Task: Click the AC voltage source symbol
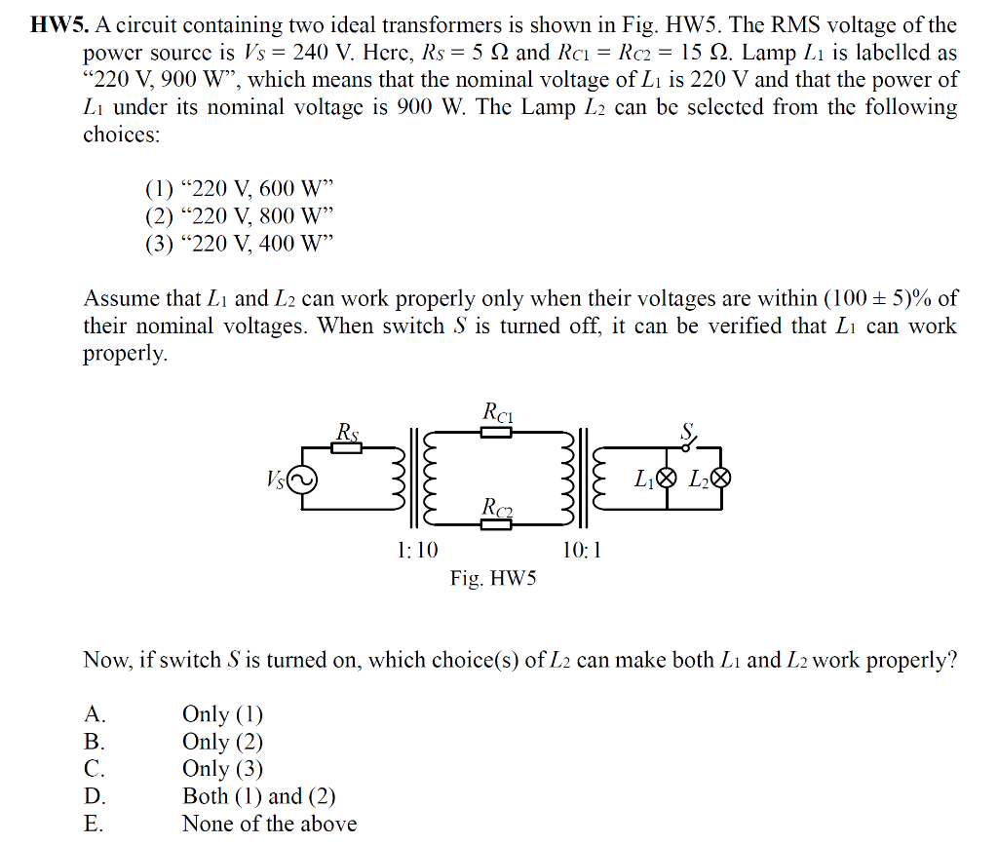tap(299, 479)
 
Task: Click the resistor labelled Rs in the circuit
tap(347, 447)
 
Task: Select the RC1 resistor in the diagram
tap(496, 432)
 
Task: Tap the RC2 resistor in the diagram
tap(496, 524)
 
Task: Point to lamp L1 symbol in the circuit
tap(667, 479)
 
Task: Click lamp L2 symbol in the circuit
tap(721, 479)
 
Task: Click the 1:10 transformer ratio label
tap(418, 551)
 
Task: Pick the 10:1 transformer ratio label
tap(582, 551)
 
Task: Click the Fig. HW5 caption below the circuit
tap(493, 579)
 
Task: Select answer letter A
tap(94, 714)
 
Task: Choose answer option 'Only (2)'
tap(222, 742)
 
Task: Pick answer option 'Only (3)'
tap(222, 769)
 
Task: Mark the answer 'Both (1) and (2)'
tap(258, 796)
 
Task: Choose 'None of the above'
tap(269, 824)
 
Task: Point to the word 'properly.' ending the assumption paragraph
tap(125, 354)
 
